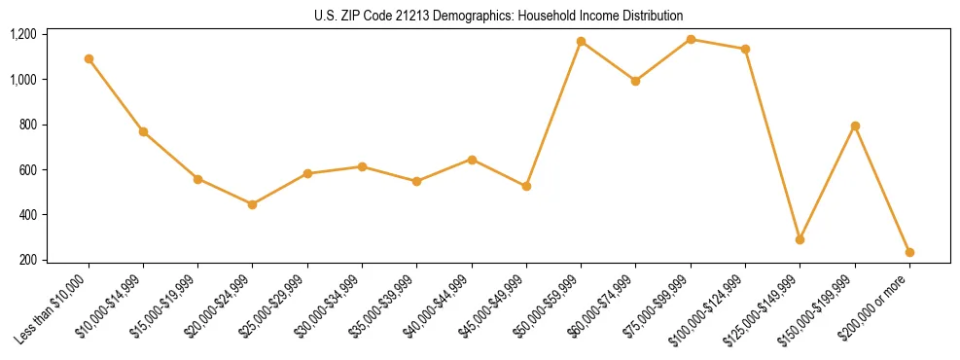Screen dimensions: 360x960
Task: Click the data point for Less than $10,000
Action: (89, 58)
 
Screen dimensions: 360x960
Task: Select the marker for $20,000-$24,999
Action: (253, 204)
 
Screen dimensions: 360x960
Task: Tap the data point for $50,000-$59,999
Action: (581, 41)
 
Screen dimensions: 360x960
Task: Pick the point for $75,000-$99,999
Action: (691, 39)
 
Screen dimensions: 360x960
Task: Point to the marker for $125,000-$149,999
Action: (800, 239)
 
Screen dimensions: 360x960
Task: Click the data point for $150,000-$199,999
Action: (855, 126)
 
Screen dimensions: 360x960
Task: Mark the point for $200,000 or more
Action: (909, 252)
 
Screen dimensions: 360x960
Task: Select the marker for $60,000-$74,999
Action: (636, 81)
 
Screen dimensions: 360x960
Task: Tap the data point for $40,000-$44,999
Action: (472, 160)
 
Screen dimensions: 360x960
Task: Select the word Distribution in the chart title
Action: (654, 16)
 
